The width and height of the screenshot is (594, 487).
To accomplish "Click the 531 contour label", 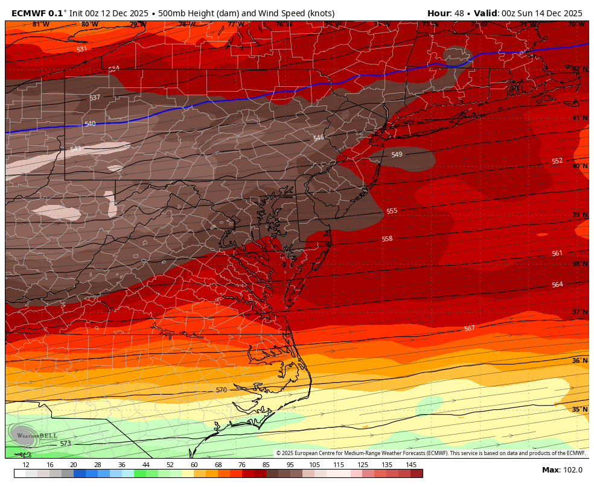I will click(82, 49).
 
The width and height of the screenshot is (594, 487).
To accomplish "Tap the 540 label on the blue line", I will click(90, 124).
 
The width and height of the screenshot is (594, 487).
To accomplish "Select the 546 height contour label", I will click(319, 138).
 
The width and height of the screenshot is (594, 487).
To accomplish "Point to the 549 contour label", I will click(397, 155).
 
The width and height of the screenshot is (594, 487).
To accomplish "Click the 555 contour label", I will click(392, 211).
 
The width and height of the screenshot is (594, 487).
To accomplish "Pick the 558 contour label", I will click(387, 239).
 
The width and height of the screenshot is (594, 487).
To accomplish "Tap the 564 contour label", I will click(557, 284).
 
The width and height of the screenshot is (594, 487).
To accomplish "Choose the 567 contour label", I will click(469, 328).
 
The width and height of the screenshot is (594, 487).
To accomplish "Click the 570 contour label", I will click(222, 390).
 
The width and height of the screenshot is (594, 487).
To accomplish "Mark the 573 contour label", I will click(66, 443).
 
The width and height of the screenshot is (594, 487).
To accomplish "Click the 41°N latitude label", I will click(580, 118).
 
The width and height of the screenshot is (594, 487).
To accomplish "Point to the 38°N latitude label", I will click(580, 264).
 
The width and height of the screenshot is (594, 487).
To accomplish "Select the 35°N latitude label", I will click(580, 410).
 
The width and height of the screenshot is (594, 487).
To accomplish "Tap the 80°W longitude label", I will click(89, 25).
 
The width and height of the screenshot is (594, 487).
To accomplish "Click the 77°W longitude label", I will click(235, 25).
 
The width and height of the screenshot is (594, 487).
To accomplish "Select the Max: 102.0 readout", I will click(562, 470).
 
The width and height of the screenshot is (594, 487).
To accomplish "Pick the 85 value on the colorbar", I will click(266, 465).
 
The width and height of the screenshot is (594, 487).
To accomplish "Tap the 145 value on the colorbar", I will click(410, 465).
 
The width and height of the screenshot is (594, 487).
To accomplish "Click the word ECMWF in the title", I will click(30, 13).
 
